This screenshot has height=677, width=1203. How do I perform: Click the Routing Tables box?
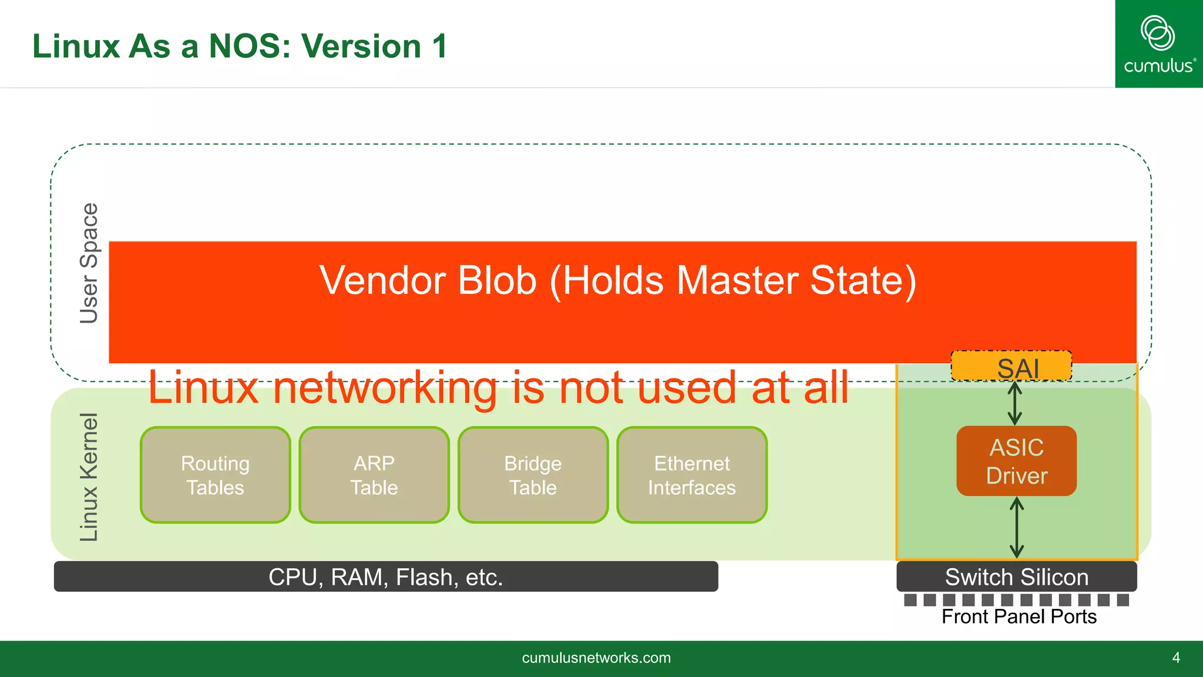click(x=215, y=475)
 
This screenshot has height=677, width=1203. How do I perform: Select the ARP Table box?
click(x=374, y=475)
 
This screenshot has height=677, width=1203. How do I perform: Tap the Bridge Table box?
click(x=533, y=475)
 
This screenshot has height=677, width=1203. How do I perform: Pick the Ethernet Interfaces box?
click(x=692, y=475)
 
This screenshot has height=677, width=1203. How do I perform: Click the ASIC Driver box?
click(x=1016, y=461)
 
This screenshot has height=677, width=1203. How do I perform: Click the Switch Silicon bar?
click(x=1016, y=577)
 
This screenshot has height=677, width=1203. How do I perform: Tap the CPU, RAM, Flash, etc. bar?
click(x=385, y=577)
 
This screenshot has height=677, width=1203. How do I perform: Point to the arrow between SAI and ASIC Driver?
click(x=1015, y=403)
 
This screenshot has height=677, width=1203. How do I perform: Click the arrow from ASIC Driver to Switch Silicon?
click(x=1017, y=528)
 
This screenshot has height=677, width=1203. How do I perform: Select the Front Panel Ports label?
click(x=1019, y=616)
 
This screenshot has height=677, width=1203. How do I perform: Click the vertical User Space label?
click(x=89, y=263)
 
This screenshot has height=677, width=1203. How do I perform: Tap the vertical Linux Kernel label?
click(x=89, y=477)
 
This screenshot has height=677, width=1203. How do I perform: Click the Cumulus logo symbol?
click(x=1157, y=33)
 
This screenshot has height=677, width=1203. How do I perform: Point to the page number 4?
click(x=1176, y=658)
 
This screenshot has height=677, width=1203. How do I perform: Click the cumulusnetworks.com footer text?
click(x=596, y=658)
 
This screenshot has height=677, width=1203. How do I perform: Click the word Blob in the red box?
click(x=497, y=280)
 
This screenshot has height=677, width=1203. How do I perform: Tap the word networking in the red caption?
click(x=385, y=388)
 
